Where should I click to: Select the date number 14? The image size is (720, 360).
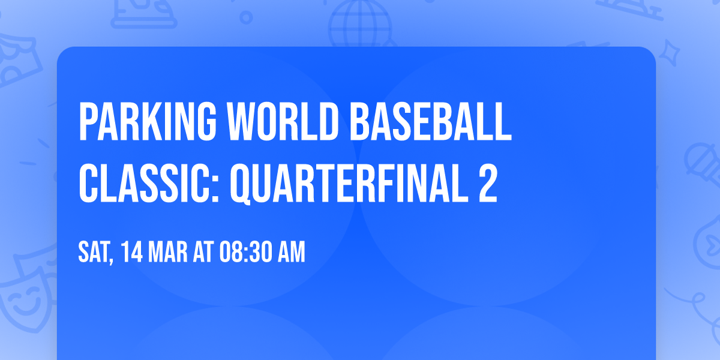coord(133,253)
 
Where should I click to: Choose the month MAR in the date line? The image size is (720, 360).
coord(170,253)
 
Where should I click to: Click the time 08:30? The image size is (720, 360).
coord(247,253)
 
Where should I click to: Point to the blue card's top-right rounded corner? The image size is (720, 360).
coord(650,53)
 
